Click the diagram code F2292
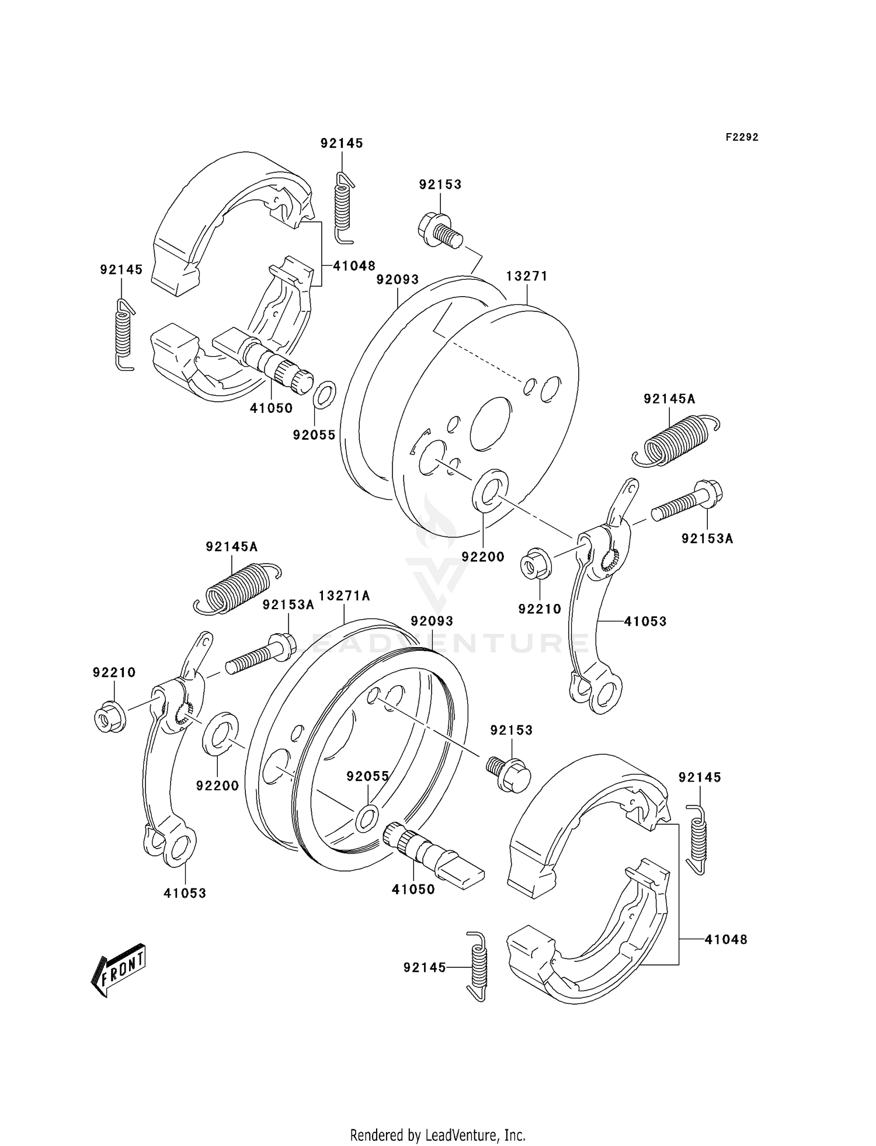(x=742, y=137)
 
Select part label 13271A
(x=344, y=596)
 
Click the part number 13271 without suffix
(x=527, y=276)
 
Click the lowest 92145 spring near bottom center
(x=478, y=974)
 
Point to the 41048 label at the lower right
(x=725, y=940)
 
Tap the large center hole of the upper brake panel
(x=491, y=423)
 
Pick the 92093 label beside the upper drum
(x=397, y=280)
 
